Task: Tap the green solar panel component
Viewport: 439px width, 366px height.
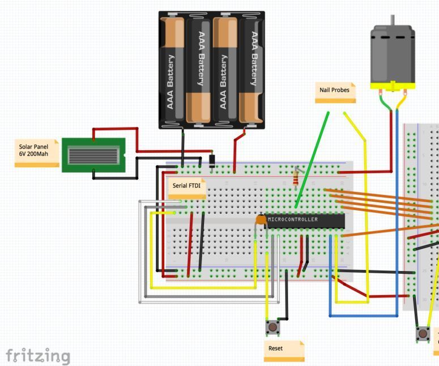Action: [x=93, y=154]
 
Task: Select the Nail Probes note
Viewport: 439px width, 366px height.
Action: [x=335, y=91]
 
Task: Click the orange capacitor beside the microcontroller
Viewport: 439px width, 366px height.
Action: [x=261, y=219]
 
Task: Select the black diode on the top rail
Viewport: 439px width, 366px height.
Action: [x=212, y=160]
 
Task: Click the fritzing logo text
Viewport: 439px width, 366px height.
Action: [x=38, y=356]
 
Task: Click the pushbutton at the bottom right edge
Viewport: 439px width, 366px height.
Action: [x=423, y=334]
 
